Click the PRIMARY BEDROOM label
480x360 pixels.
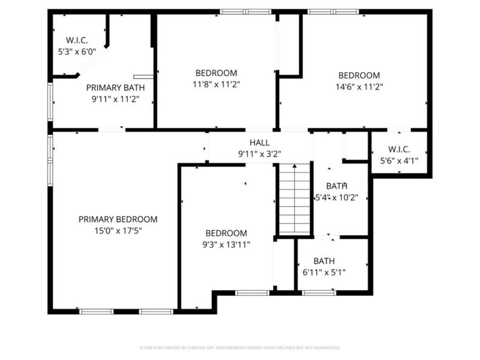pos(118,220)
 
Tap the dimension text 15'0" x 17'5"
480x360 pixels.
pos(118,230)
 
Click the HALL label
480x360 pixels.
pos(259,143)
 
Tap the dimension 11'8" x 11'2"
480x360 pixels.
pos(217,85)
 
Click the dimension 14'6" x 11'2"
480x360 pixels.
pos(359,86)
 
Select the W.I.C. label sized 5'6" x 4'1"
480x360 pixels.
pos(399,149)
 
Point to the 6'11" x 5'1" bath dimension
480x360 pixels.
pos(324,272)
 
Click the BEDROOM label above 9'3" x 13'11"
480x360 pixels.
pos(226,233)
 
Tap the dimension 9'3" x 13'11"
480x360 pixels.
pos(226,244)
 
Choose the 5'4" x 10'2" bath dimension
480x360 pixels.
pos(337,197)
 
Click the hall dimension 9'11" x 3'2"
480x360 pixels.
pos(259,154)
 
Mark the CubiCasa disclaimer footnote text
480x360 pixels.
pos(240,347)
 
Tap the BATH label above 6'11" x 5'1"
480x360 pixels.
pos(324,262)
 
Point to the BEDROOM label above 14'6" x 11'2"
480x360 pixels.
pos(359,76)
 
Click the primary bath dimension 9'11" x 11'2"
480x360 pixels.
pos(115,99)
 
